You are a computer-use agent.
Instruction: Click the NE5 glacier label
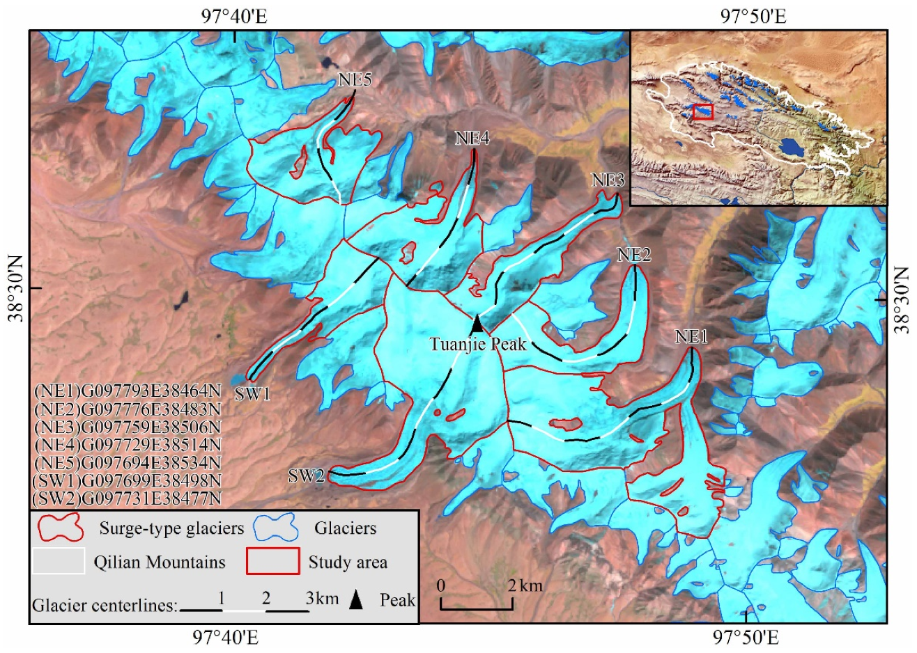[x=355, y=80]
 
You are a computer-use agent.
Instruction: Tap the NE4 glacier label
[x=472, y=139]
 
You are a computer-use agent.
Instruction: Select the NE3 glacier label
[x=608, y=180]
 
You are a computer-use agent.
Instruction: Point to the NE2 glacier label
[x=634, y=255]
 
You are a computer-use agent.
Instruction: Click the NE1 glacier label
[x=691, y=338]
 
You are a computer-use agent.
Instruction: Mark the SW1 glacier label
[x=252, y=394]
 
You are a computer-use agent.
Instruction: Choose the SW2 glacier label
[x=307, y=476]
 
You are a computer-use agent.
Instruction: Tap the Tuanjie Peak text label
[x=477, y=344]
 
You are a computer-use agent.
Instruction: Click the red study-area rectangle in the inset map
[x=704, y=112]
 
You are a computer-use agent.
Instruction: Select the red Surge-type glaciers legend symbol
[x=61, y=527]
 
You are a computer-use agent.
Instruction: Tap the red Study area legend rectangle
[x=273, y=561]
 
